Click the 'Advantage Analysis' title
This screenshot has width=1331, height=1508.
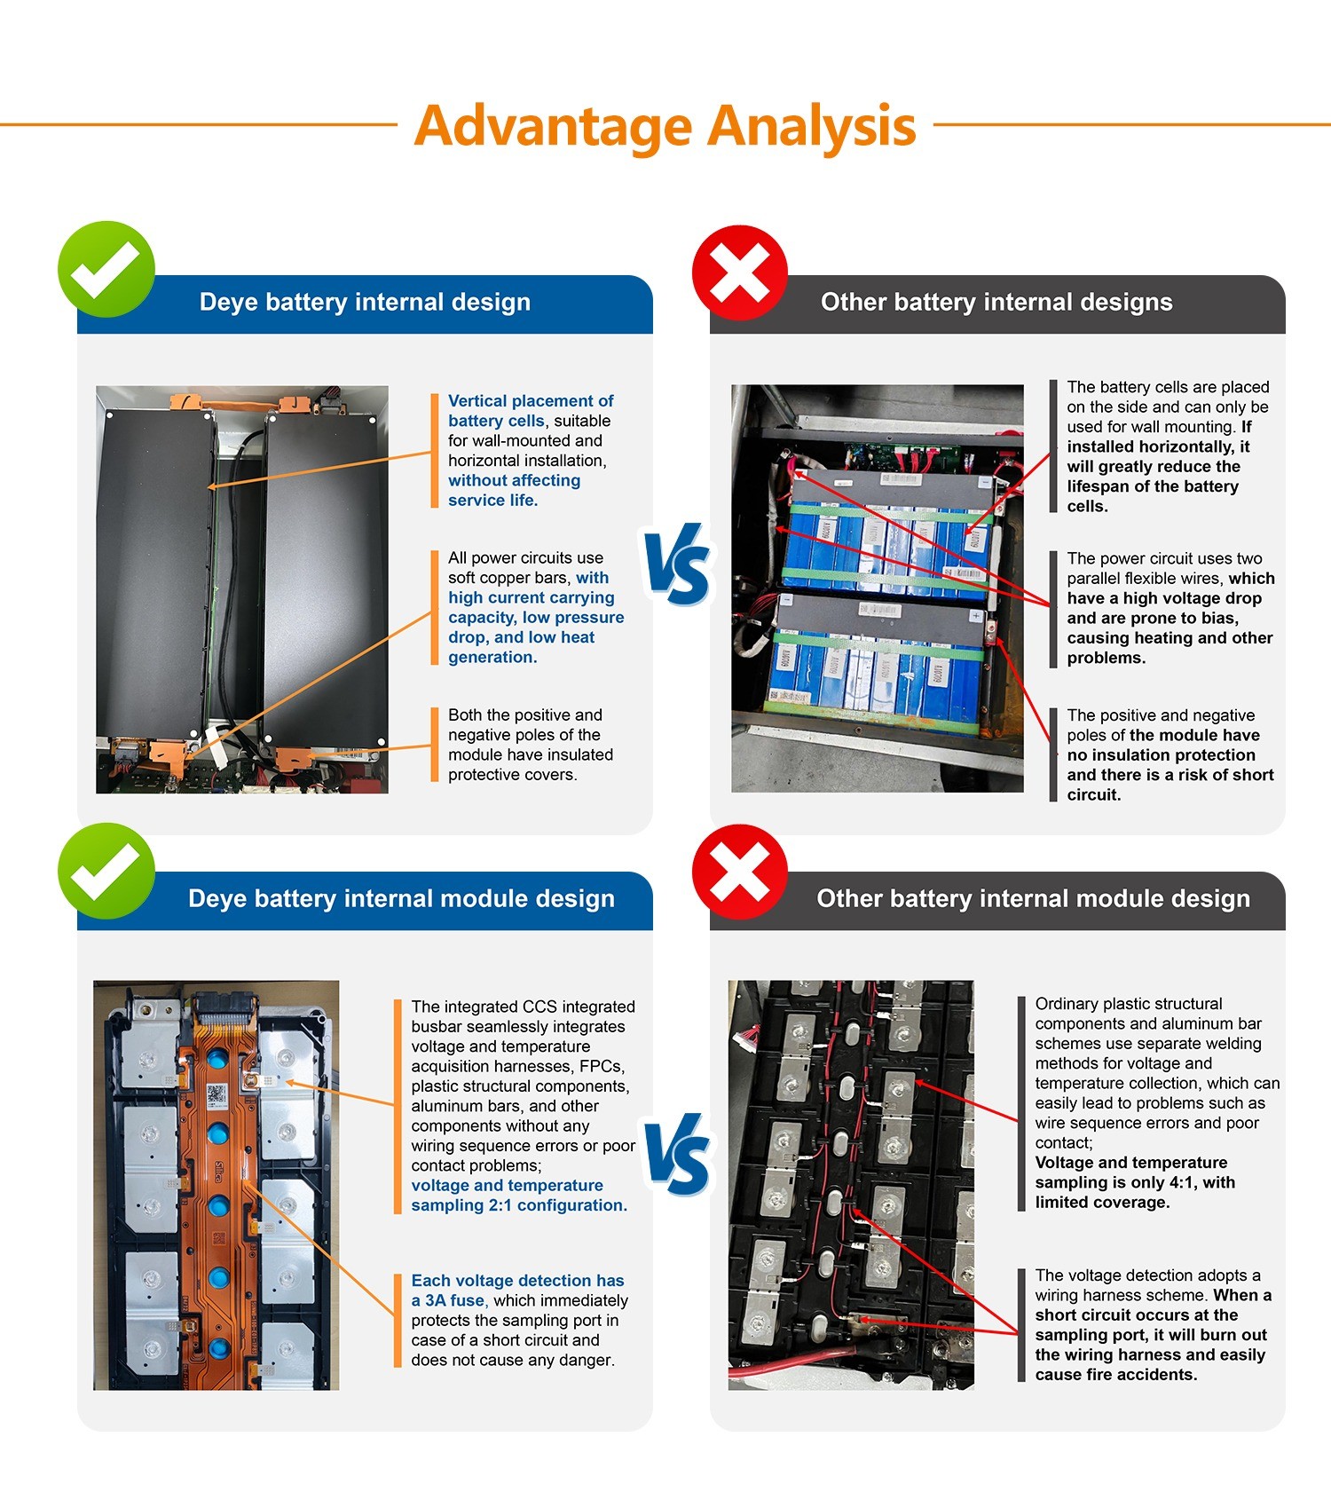pos(665,126)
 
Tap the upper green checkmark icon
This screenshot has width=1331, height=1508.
pos(106,269)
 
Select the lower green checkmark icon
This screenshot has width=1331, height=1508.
pos(106,870)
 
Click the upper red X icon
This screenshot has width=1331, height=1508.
pos(740,272)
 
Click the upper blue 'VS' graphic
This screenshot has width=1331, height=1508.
pos(678,565)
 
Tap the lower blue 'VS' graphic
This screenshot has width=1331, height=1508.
pos(678,1154)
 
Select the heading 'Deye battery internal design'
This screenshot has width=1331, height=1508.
pos(365,303)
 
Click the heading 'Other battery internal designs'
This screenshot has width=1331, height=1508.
pos(996,303)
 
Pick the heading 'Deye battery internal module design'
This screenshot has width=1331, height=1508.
pos(401,899)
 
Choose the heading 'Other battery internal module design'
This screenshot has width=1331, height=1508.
pos(1033,899)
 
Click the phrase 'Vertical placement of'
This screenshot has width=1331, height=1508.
pos(531,401)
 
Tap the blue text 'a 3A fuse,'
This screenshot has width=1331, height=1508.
pos(449,1300)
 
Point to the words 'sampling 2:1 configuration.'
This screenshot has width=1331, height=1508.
pos(519,1205)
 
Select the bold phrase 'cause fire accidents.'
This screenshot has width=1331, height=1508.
pos(1116,1374)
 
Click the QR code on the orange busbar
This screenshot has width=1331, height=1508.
pos(217,1095)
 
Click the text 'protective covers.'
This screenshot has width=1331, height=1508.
pos(512,775)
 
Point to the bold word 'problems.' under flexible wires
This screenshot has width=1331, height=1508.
pos(1107,658)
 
